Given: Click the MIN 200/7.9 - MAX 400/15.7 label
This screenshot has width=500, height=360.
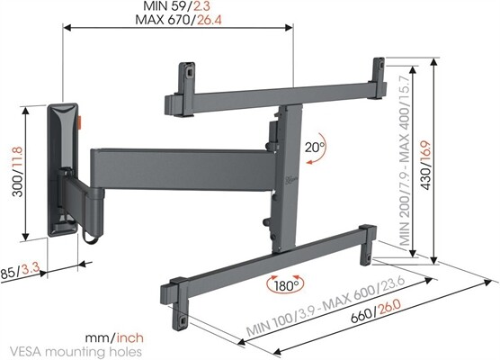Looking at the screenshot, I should coord(406,162).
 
